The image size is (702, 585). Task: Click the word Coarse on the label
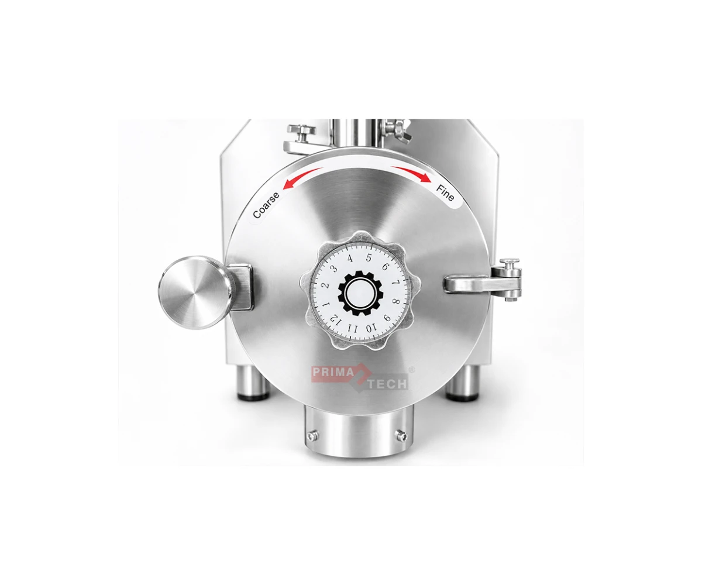click(x=266, y=205)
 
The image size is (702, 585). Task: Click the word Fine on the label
click(x=445, y=193)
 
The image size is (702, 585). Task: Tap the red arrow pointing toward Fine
click(x=411, y=174)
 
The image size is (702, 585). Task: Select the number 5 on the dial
click(x=369, y=258)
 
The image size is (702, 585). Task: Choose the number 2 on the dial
click(x=325, y=286)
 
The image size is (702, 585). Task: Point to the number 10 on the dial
click(x=370, y=328)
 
